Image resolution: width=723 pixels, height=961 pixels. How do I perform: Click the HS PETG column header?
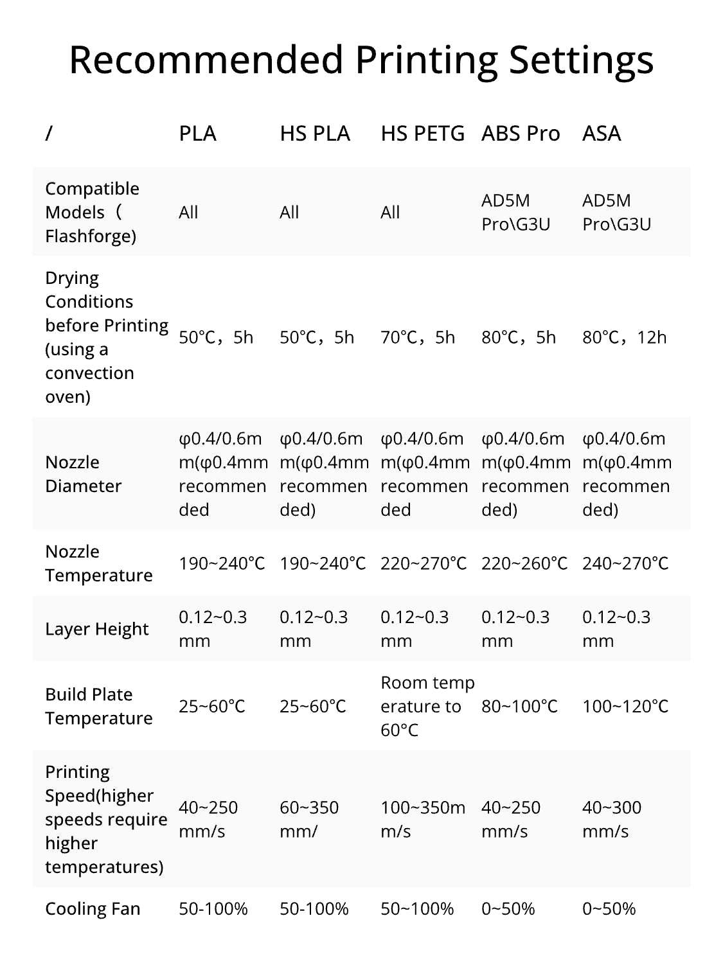(x=422, y=134)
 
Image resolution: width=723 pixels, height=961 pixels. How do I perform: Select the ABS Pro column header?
(x=521, y=134)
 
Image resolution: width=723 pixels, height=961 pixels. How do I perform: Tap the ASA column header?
(x=602, y=134)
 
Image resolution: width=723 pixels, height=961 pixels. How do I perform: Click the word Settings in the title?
(x=581, y=60)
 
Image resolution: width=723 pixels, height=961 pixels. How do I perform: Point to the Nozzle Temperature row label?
(x=98, y=563)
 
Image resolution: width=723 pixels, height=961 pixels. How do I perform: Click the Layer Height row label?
(x=96, y=629)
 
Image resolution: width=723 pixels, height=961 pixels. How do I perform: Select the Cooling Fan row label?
(x=93, y=909)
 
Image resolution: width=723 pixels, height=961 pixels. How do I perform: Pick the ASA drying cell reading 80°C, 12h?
(x=624, y=337)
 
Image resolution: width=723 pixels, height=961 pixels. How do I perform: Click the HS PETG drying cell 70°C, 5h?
(x=418, y=337)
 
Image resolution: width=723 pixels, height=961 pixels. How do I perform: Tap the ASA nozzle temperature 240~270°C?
(x=625, y=563)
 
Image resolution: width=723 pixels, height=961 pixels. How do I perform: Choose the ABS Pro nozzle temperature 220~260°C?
(x=524, y=563)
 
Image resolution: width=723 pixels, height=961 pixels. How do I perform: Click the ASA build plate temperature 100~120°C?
(x=625, y=707)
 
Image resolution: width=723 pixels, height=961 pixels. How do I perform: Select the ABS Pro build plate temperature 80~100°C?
(x=519, y=707)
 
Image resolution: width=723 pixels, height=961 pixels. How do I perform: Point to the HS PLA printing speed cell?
(x=309, y=819)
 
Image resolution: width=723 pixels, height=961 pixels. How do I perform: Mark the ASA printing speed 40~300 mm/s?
(x=612, y=819)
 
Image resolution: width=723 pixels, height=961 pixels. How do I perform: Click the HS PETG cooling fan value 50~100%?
(x=417, y=909)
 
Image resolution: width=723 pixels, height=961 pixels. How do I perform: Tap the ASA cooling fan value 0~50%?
(x=609, y=909)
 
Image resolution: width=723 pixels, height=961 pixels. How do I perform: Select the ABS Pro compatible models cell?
(x=515, y=212)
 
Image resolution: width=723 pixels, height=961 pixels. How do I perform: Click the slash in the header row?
(x=49, y=134)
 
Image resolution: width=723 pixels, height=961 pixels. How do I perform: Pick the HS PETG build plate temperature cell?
(x=427, y=707)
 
